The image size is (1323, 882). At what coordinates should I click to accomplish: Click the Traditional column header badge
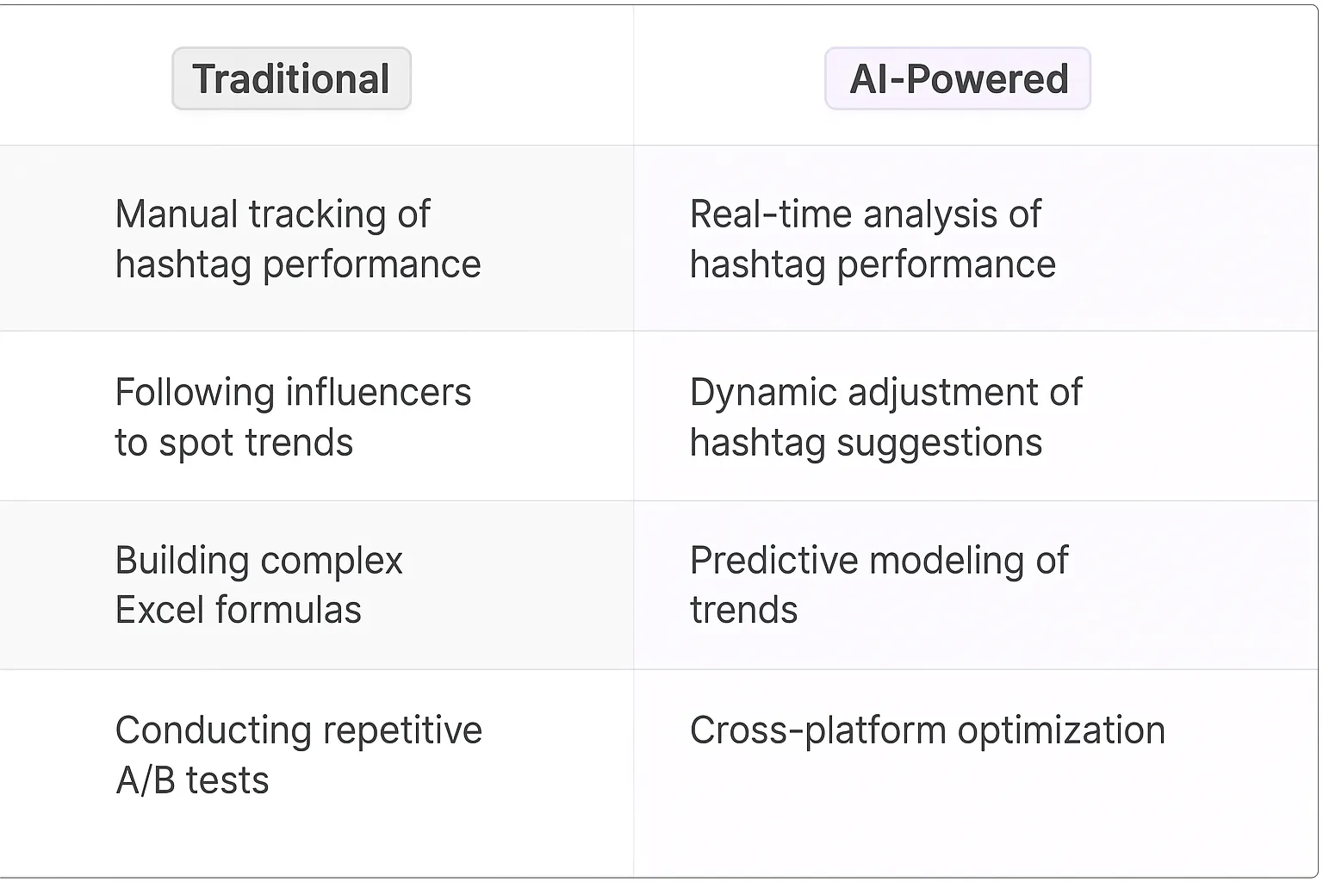291,79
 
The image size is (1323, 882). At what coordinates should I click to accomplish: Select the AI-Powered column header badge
958,79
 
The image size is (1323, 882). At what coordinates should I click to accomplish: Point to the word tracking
317,215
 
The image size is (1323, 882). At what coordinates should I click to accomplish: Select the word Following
195,394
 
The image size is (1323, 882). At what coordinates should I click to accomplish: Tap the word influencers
378,393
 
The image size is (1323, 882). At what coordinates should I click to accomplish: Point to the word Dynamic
763,394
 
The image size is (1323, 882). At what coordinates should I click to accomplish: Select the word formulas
289,611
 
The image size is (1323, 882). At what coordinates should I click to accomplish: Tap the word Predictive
773,561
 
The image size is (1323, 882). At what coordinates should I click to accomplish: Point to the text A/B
146,781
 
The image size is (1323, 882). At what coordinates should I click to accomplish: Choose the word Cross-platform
818,730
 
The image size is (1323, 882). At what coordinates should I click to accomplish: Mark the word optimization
1061,731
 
